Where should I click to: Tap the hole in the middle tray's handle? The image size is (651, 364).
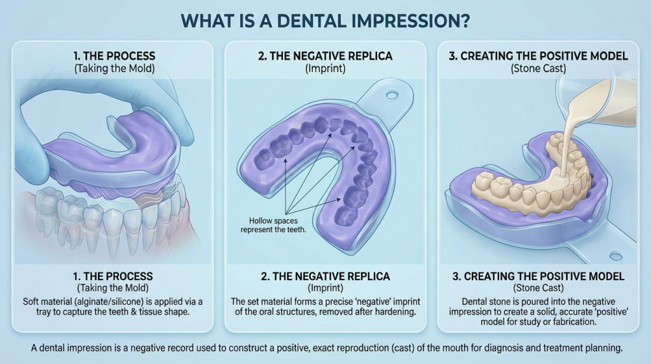click(x=392, y=95)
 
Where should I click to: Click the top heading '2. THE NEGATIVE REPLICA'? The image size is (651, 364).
click(x=325, y=56)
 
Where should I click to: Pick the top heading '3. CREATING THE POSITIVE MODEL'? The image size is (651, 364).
click(x=538, y=56)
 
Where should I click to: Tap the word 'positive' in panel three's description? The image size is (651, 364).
click(x=582, y=312)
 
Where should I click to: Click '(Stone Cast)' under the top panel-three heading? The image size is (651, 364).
click(x=538, y=68)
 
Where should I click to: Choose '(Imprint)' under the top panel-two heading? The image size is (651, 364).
click(x=325, y=68)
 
